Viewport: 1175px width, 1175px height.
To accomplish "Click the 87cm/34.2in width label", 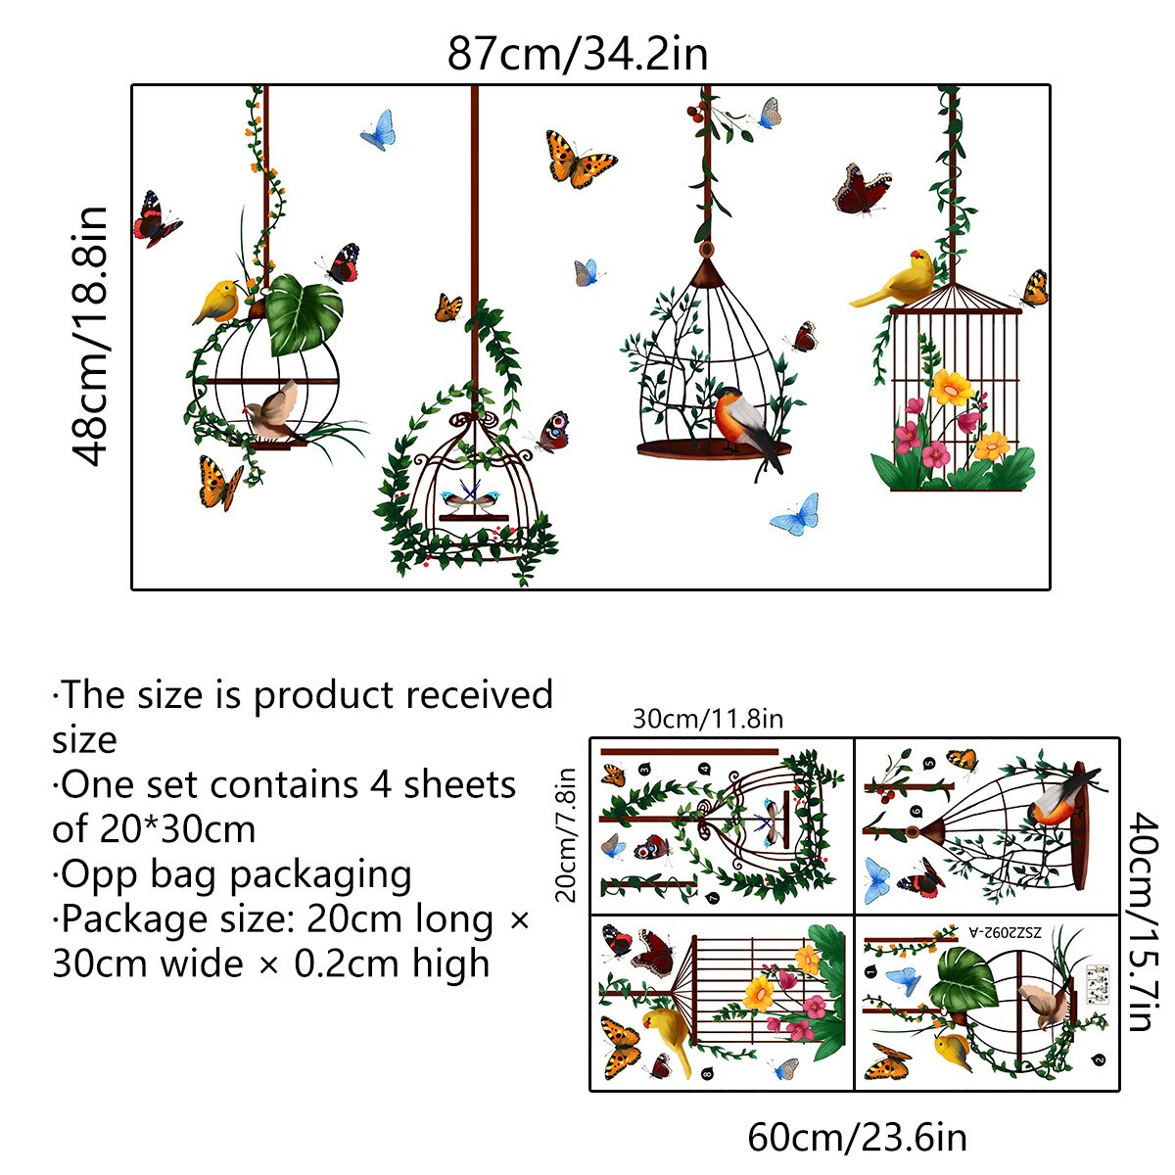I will [577, 53].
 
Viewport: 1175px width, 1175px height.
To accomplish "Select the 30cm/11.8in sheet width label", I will [707, 720].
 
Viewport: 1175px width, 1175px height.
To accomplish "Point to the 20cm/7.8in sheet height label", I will [567, 833].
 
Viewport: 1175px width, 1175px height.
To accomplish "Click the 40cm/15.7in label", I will [1140, 921].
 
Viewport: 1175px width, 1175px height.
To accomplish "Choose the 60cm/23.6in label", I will [857, 1138].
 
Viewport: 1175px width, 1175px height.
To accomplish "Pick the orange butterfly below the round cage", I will [219, 484].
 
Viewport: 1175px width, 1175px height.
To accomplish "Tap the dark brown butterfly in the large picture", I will [862, 189].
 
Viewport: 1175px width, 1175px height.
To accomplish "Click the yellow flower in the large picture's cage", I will [951, 388].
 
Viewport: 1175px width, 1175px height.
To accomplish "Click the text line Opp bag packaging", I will [232, 874].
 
